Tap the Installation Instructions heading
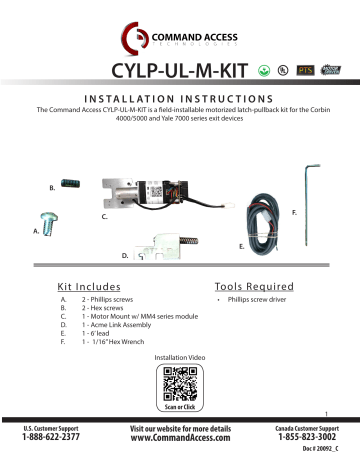180,99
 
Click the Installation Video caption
180,356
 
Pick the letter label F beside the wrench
292,213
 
